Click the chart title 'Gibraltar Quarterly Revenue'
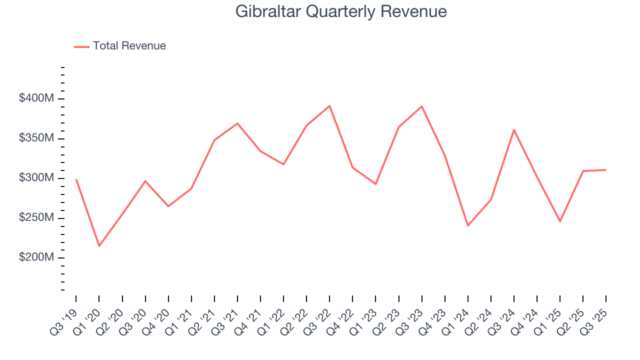[341, 11]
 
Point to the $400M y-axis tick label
[36, 98]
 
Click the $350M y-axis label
[36, 138]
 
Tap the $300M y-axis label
[36, 178]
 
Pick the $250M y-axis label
[36, 218]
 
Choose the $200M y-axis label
[36, 257]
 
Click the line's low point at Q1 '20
[99, 246]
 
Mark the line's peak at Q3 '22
[329, 106]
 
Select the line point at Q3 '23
[422, 106]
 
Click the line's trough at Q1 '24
[468, 225]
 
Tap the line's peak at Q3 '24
[514, 130]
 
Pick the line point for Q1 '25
[560, 221]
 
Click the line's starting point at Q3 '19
[76, 179]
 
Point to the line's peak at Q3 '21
[237, 123]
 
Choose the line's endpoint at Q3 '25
[606, 170]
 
